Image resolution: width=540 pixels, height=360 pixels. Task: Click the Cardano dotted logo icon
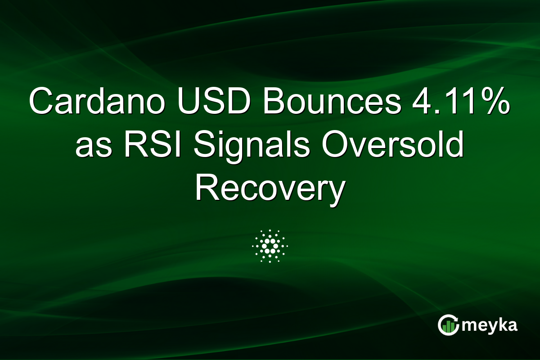[270, 246]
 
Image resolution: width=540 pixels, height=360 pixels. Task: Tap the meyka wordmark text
[490, 325]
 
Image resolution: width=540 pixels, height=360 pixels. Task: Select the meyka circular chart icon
[448, 325]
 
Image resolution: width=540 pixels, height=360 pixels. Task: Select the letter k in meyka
[501, 324]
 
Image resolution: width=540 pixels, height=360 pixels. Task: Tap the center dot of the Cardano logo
[270, 246]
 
